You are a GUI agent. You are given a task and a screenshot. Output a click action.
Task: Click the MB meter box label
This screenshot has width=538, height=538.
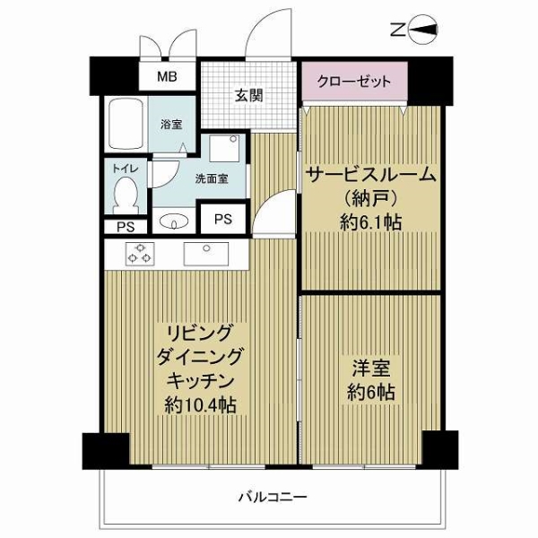[167, 76]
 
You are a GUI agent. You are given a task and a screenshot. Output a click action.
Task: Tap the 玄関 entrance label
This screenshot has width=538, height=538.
[248, 96]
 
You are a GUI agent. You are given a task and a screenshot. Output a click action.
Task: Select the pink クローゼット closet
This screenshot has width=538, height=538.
[354, 82]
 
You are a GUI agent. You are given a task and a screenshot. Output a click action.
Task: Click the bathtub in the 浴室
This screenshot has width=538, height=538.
[126, 125]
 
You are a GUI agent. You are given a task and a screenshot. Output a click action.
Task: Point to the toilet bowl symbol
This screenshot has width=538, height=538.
[126, 196]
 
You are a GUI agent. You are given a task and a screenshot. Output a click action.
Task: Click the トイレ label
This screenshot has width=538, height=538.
[126, 169]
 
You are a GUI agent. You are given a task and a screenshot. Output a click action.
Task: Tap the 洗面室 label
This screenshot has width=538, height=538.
[212, 178]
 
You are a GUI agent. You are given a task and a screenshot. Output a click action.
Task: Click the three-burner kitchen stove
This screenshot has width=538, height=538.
[140, 254]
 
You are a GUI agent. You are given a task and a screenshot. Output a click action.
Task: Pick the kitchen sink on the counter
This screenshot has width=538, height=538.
[206, 254]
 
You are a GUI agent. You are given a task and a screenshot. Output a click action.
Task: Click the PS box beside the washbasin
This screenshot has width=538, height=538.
[223, 219]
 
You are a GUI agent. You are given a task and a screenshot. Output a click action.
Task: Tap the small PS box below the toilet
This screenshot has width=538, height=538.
[126, 227]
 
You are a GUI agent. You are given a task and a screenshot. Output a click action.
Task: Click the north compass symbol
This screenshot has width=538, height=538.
[415, 30]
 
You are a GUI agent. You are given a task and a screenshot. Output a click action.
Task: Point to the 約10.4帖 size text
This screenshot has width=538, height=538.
[200, 405]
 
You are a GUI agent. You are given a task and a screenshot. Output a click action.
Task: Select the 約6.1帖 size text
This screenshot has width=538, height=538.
[370, 222]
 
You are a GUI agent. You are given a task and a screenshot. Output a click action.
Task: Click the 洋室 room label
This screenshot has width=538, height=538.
[371, 369]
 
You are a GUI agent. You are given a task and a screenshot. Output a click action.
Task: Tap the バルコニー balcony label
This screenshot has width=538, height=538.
[273, 497]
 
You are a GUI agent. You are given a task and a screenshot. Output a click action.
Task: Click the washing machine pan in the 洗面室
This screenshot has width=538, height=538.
[223, 148]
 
